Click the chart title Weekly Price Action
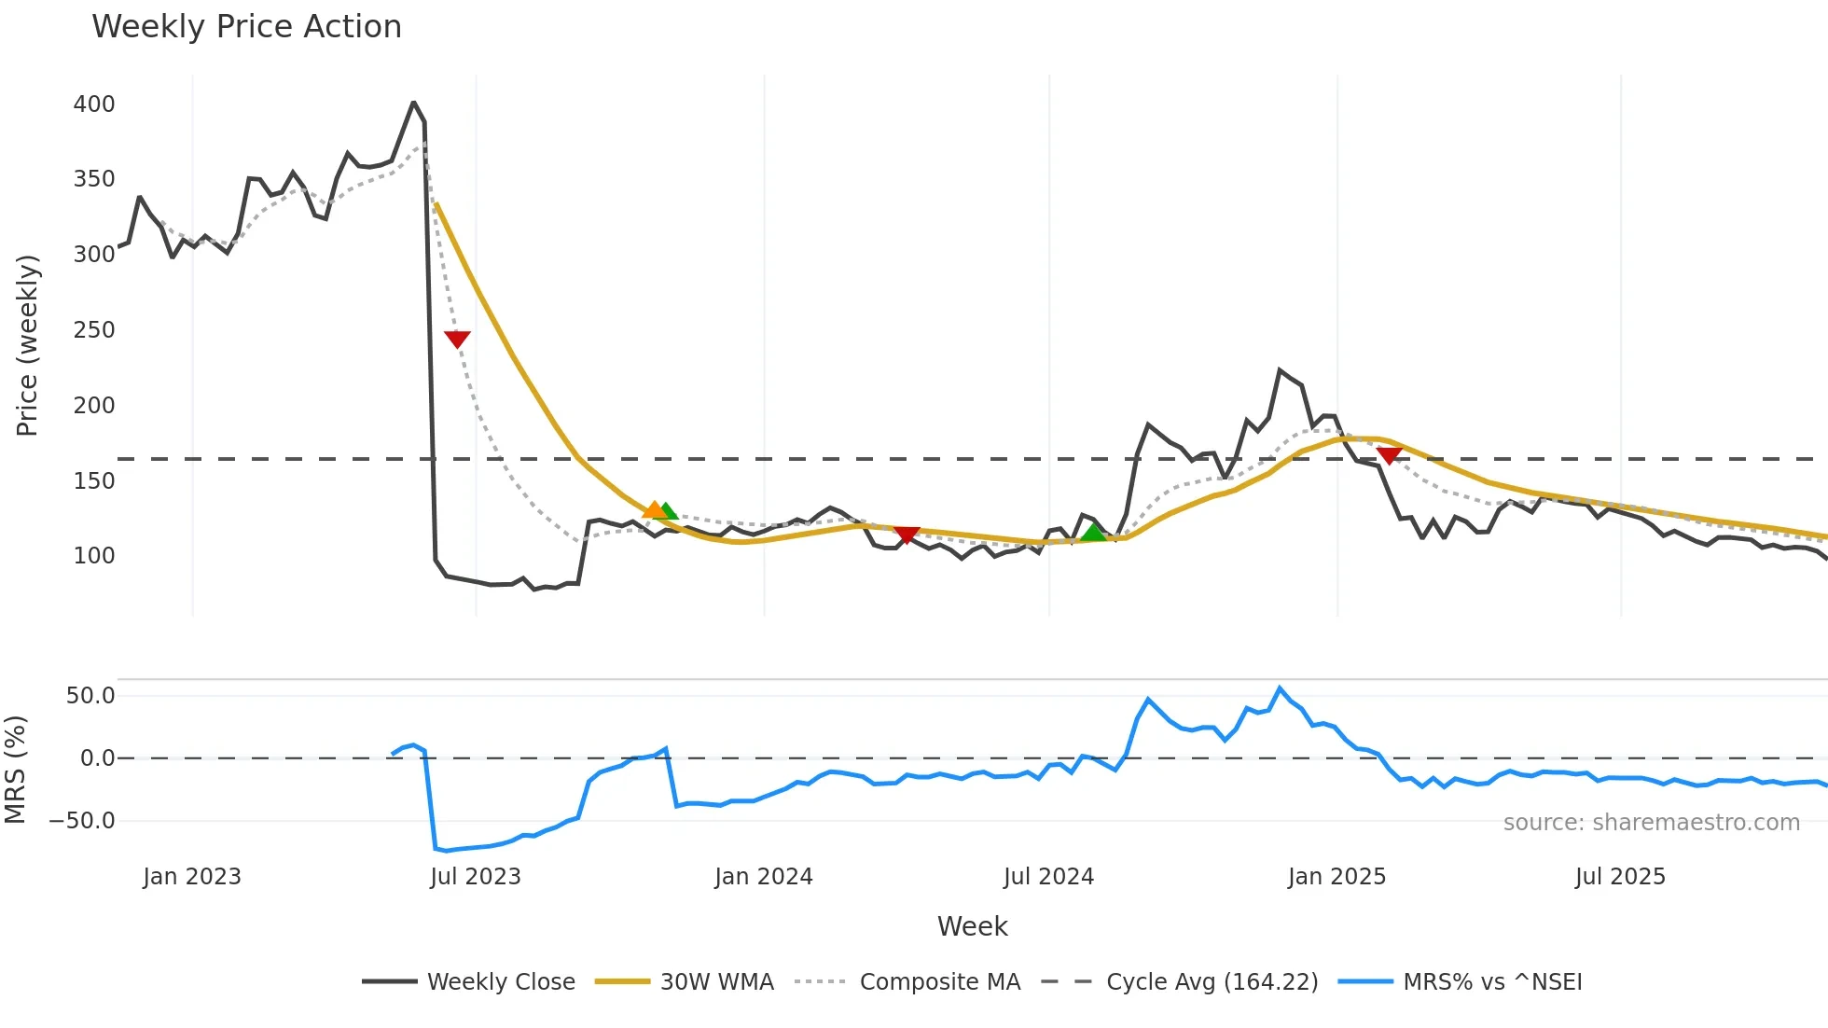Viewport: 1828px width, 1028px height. pos(246,27)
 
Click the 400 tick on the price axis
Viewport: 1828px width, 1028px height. pos(94,104)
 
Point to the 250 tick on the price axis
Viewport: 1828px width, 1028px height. pos(94,329)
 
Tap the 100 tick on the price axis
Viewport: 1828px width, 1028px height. pos(94,556)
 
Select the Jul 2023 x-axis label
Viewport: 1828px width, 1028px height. pos(476,877)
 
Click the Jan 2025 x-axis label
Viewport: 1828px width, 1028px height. pos(1336,877)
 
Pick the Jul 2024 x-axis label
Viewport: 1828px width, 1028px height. pos(1048,877)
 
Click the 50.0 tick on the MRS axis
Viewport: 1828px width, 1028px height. pos(90,695)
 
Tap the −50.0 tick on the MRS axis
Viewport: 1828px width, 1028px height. pos(83,821)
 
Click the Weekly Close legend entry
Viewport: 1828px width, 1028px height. pos(501,982)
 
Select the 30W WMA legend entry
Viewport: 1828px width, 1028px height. pos(716,982)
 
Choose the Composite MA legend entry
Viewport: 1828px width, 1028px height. pos(939,982)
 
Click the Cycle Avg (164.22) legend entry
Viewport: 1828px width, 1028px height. pos(1212,982)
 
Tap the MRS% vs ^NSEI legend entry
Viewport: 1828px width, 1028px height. pos(1492,982)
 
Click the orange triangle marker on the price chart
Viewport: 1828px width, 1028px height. pos(654,509)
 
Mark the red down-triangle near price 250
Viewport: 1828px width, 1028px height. pos(457,339)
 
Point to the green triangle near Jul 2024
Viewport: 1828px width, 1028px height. pos(1093,533)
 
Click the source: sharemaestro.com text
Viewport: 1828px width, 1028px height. pos(1651,823)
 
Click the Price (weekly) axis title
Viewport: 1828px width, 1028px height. pos(28,345)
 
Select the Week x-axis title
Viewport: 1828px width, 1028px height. pos(972,926)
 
